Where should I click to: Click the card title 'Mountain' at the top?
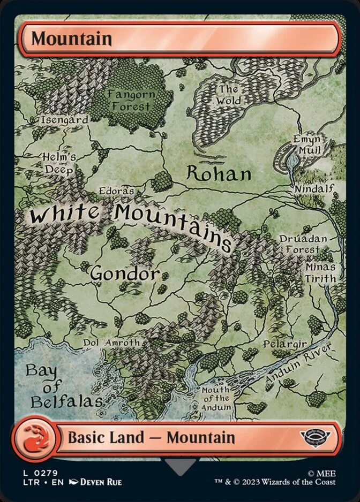pos(71,39)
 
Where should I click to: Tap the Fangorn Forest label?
pos(131,100)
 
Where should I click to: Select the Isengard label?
pos(65,120)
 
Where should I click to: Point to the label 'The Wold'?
pos(229,95)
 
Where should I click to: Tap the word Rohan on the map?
pos(219,173)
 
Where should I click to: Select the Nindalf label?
pos(314,188)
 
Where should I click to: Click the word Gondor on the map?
pos(125,273)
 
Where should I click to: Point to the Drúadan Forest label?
pos(300,244)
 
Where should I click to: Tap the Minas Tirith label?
pos(321,272)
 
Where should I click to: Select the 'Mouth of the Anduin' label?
pos(216,398)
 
